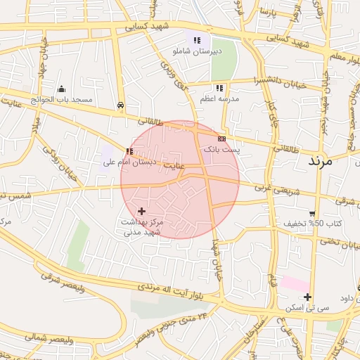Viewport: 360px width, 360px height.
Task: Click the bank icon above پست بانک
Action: click(221, 139)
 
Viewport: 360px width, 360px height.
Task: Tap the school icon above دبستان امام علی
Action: click(129, 151)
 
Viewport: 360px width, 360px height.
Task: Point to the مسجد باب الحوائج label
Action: click(63, 100)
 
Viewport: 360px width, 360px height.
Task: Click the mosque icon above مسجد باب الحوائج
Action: click(62, 89)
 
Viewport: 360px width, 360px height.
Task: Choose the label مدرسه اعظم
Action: click(220, 99)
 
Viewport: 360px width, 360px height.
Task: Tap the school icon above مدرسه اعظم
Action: click(219, 89)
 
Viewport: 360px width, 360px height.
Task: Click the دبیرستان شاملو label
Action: click(197, 51)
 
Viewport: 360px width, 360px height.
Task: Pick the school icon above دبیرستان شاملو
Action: click(197, 40)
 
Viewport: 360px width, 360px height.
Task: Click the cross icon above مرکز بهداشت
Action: click(142, 210)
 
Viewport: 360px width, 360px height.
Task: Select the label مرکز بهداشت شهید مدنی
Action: click(142, 226)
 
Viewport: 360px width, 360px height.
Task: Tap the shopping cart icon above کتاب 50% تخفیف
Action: click(312, 213)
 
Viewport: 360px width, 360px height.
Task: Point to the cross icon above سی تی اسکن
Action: click(307, 297)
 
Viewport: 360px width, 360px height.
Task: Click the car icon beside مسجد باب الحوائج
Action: click(122, 105)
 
